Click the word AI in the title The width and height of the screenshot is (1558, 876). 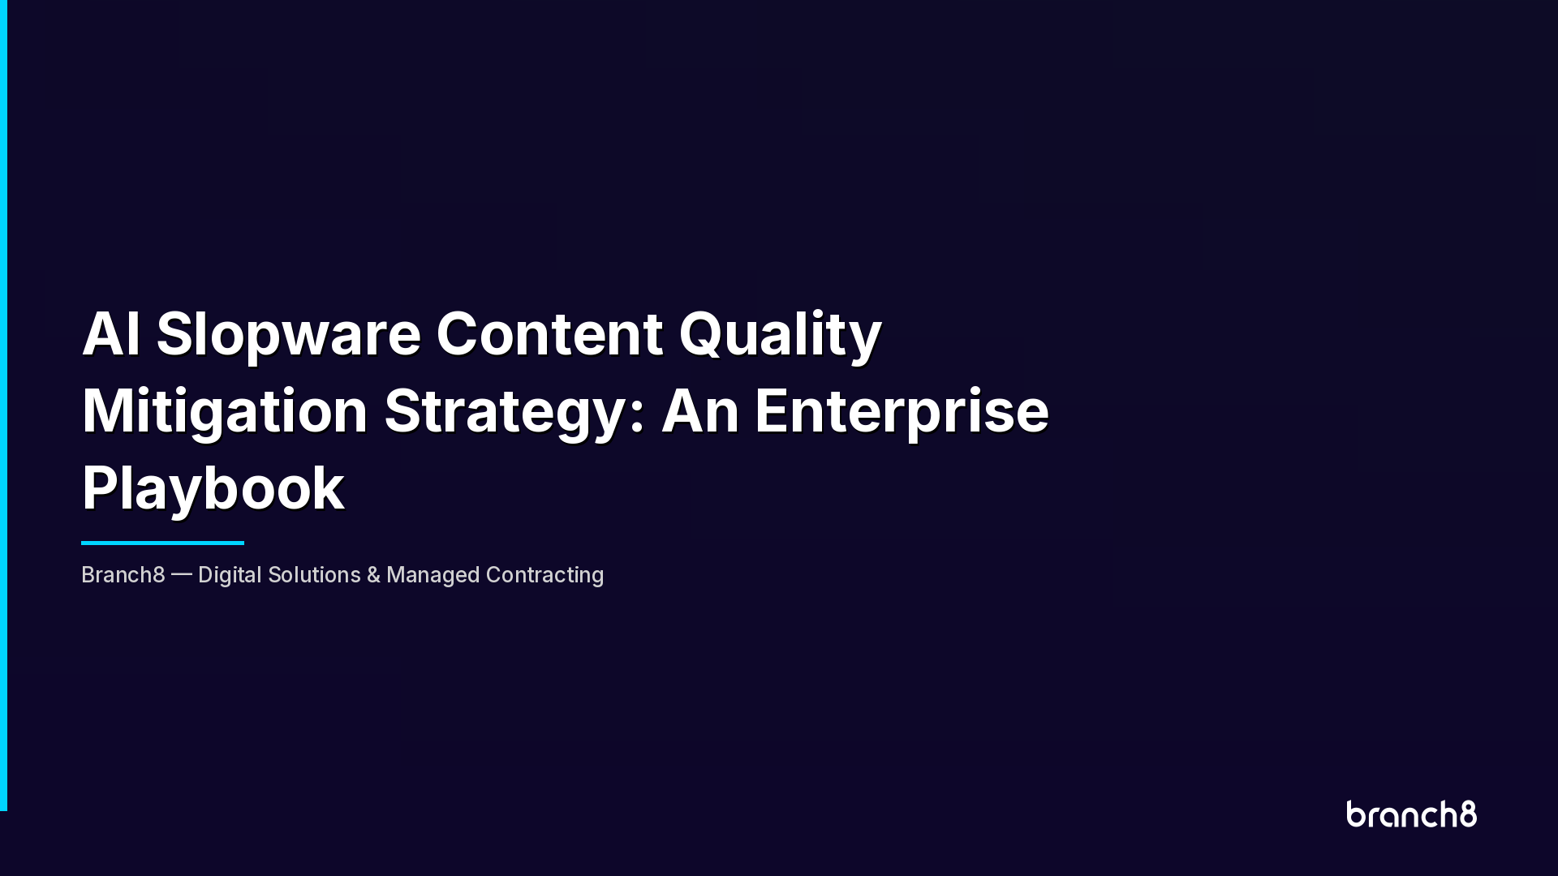coord(110,333)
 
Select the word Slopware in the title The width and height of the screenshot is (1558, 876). coord(288,335)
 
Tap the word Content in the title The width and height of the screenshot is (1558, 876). coord(549,333)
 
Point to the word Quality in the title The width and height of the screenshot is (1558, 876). coord(780,335)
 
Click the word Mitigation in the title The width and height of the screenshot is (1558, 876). coord(225,411)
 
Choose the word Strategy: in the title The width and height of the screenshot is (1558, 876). coord(514,412)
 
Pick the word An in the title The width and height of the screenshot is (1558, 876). coord(699,410)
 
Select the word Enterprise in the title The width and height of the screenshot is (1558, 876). coord(902,412)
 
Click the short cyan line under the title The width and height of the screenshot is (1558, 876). coord(162,543)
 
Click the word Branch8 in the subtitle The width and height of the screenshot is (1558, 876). coord(123,575)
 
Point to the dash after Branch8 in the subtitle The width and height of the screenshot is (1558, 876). coord(182,574)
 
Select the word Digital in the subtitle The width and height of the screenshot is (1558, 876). coord(230,575)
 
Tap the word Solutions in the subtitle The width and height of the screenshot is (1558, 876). coord(314,575)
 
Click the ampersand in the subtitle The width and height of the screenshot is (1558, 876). coord(373,575)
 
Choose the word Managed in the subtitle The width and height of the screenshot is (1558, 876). coord(433,575)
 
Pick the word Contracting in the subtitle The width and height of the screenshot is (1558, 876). coord(544,575)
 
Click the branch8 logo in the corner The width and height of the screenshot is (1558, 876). coord(1411,814)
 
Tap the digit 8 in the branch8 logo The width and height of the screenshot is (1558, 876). coord(1468,814)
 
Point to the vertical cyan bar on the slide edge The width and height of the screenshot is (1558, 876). coord(3,406)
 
